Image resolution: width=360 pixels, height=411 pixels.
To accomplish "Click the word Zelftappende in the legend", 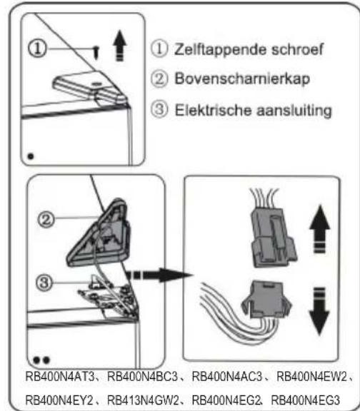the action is click(x=221, y=49).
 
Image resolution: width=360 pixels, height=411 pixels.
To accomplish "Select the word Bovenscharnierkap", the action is click(x=242, y=78).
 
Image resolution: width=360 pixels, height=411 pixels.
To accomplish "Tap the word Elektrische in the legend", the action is click(x=214, y=110).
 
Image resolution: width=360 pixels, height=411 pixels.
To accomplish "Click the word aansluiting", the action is click(x=294, y=111).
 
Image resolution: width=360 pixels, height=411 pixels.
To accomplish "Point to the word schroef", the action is click(x=297, y=49).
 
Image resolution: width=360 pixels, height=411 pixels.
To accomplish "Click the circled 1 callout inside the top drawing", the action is click(x=37, y=49).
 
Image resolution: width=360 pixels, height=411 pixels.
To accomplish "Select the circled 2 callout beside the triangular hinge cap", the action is click(x=46, y=219).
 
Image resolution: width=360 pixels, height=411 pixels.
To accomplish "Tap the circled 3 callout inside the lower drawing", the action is click(x=44, y=283).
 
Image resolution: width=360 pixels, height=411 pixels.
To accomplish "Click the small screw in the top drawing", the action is click(x=96, y=52).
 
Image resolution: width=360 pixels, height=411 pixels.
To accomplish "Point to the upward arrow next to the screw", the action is click(x=120, y=46).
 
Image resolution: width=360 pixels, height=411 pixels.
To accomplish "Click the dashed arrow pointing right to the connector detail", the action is click(x=159, y=275).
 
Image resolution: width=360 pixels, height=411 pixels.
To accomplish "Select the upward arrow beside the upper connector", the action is click(x=319, y=229).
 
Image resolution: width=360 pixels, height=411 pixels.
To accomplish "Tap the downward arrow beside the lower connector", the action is click(x=319, y=311).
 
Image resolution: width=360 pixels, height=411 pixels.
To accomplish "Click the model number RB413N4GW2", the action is click(x=143, y=400).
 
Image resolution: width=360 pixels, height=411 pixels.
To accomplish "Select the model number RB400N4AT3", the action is click(x=60, y=377).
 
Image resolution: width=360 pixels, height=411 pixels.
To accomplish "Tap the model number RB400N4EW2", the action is click(x=312, y=377).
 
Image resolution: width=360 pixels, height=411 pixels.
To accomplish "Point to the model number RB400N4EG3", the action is click(x=305, y=400).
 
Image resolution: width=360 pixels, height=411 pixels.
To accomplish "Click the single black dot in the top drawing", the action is click(x=31, y=156).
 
